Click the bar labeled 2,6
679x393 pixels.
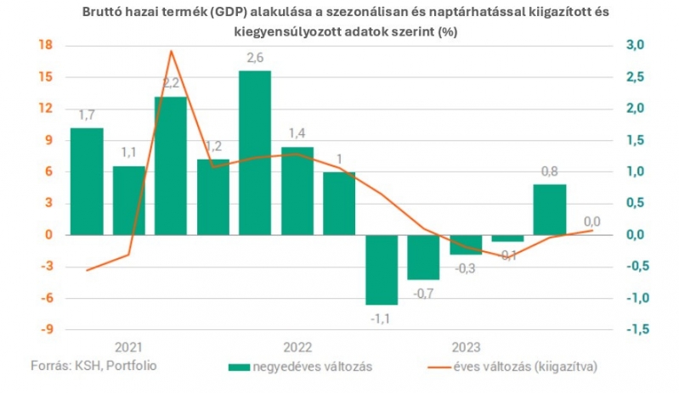point(254,153)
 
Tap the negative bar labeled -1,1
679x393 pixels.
point(381,269)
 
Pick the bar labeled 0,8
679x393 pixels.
point(549,209)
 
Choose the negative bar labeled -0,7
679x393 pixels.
point(423,256)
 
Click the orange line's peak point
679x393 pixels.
point(171,51)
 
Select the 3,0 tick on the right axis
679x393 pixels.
point(634,45)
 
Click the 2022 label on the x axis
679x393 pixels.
point(297,348)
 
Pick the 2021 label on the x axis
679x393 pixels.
point(129,348)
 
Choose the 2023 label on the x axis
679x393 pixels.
point(465,348)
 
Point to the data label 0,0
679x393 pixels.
point(591,222)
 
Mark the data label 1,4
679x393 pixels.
point(297,133)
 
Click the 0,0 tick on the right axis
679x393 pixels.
point(634,235)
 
